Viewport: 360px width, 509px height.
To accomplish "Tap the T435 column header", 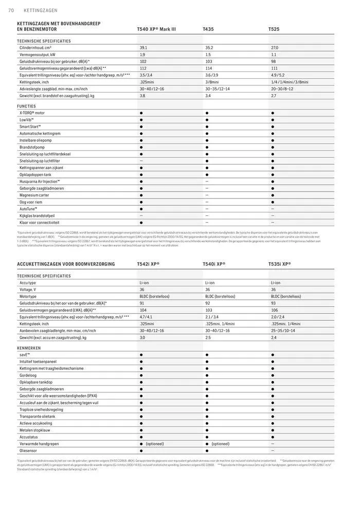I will click(x=208, y=30).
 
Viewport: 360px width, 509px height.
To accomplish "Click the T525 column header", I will click(x=274, y=30).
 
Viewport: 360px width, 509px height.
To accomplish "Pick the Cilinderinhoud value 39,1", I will click(x=143, y=47).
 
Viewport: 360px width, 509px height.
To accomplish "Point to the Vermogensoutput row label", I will click(x=38, y=54).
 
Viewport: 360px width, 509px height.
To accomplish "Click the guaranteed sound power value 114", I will click(x=208, y=68).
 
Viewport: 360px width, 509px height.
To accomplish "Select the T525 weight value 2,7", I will click(x=274, y=96).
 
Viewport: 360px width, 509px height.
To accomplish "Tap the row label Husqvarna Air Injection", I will click(x=40, y=181).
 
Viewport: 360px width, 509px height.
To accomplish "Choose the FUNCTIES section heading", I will click(x=27, y=106).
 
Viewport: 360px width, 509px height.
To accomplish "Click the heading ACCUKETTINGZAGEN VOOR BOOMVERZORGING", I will click(x=66, y=264).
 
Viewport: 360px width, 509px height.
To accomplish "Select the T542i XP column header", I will click(x=148, y=264).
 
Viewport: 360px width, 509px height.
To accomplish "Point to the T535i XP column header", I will click(x=279, y=264).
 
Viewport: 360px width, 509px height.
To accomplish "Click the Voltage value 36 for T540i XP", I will click(x=208, y=289).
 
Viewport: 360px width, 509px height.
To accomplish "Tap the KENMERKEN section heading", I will click(x=28, y=348).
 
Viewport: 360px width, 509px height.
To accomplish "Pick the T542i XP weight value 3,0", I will click(x=142, y=338).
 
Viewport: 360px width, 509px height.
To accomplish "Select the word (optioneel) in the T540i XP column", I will click(x=220, y=444).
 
